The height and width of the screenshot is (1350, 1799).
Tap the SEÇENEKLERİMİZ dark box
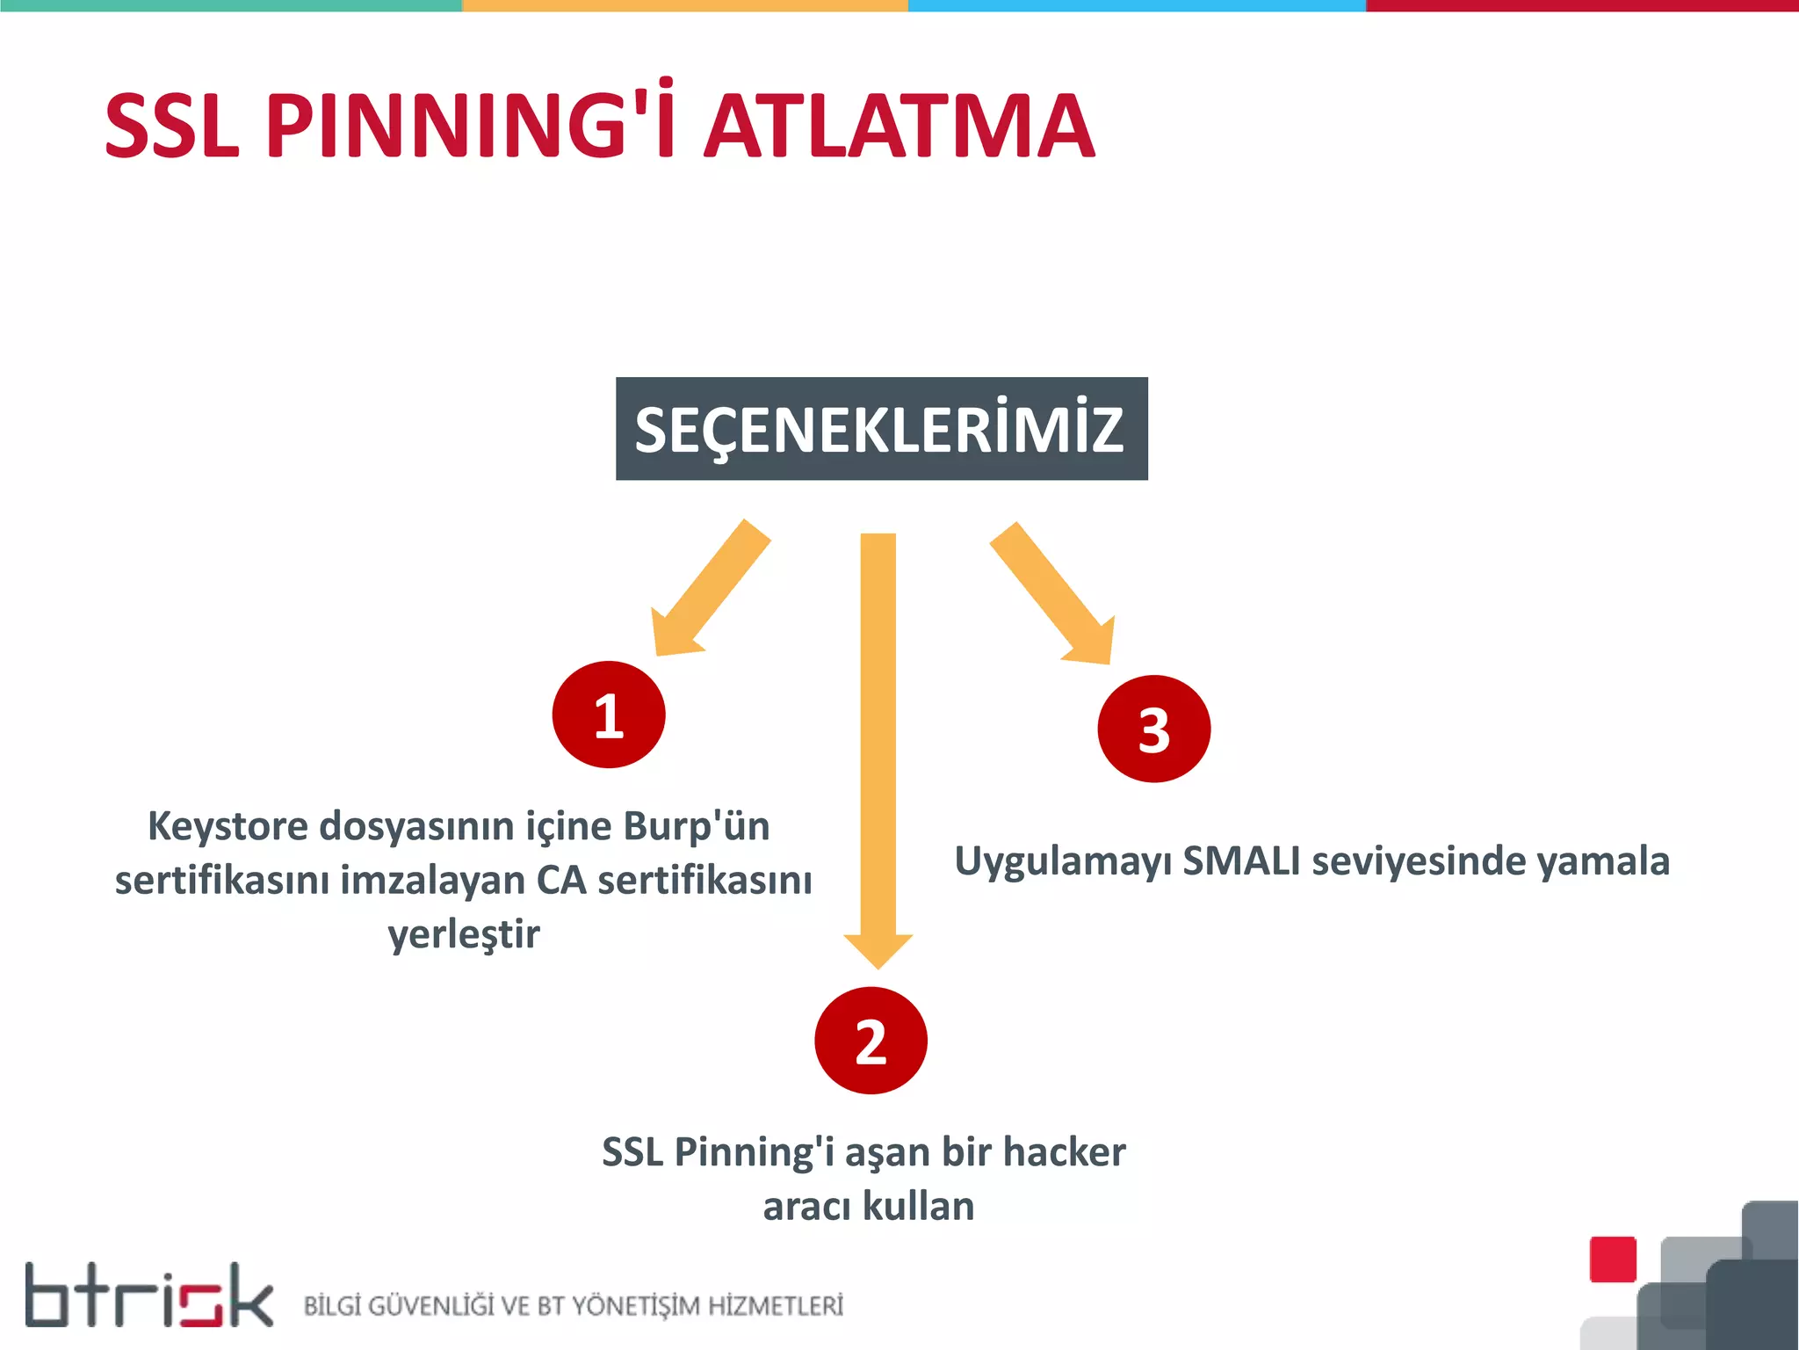(x=881, y=429)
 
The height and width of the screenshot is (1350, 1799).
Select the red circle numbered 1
(x=609, y=715)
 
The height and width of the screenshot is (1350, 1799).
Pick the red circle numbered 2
(x=871, y=1041)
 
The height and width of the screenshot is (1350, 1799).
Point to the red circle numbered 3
(x=1153, y=729)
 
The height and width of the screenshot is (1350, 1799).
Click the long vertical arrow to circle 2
(x=878, y=747)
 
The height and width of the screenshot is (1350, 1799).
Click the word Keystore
(x=228, y=827)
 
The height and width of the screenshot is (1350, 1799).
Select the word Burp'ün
(x=697, y=826)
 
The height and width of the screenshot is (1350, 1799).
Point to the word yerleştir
(x=464, y=934)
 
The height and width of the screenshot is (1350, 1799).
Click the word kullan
(x=919, y=1207)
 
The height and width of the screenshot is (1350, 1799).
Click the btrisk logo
(x=149, y=1296)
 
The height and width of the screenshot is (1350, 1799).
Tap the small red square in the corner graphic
(x=1613, y=1259)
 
